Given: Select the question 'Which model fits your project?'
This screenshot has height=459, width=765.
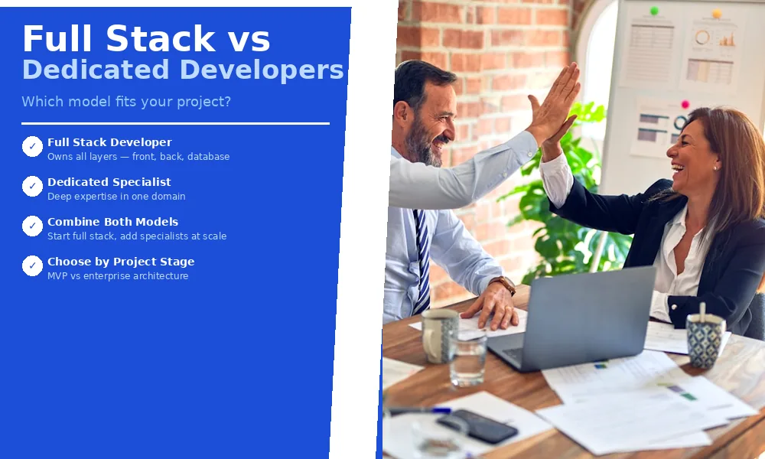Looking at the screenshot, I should click(126, 102).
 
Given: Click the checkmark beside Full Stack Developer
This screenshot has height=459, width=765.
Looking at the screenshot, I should click(32, 146).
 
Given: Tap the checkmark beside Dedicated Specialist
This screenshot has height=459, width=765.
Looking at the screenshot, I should click(32, 186).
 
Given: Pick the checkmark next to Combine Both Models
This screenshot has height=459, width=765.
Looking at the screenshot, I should click(32, 226).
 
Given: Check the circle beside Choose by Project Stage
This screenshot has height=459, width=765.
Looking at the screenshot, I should click(32, 265).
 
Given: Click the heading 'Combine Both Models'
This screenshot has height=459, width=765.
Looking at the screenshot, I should click(112, 222).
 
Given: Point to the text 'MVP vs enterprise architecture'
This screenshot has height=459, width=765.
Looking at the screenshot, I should click(118, 276).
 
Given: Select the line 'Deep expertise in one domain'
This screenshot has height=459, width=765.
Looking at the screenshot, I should click(116, 197).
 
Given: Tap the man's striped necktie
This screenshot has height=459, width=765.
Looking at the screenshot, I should click(422, 260).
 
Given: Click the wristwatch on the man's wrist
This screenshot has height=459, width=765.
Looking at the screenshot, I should click(504, 285).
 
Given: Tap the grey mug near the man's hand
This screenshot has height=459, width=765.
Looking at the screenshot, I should click(440, 334).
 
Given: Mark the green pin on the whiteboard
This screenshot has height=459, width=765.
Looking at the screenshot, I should click(654, 11).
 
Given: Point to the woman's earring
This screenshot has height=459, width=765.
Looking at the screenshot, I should click(715, 168).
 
